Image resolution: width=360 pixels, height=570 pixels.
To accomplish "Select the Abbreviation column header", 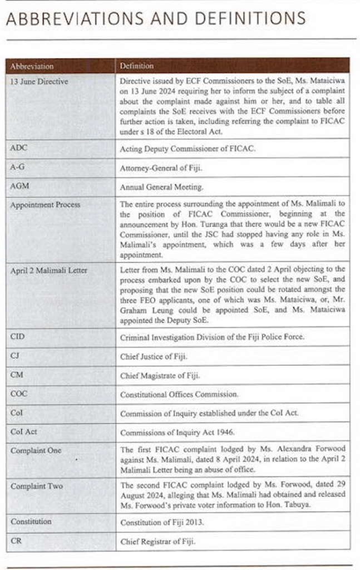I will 32,66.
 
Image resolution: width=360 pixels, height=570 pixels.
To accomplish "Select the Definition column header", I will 136,66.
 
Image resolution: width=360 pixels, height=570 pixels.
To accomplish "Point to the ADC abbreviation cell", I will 19,149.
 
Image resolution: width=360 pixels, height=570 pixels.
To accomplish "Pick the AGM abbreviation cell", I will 19,186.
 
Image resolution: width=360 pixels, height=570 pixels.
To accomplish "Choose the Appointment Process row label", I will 45,205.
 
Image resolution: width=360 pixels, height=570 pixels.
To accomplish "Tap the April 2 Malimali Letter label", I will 49,271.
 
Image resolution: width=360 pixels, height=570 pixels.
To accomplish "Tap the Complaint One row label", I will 36,450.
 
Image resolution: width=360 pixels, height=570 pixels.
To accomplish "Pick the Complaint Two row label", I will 37,486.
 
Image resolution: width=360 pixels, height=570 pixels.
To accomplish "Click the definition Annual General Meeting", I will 161,187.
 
